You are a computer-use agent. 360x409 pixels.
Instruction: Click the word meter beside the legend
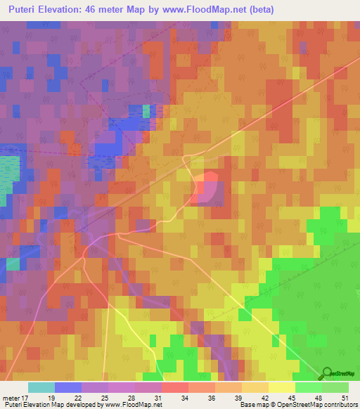click(x=11, y=397)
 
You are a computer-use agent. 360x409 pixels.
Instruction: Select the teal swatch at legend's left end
click(x=41, y=387)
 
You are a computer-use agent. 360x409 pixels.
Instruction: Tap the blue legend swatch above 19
click(x=68, y=387)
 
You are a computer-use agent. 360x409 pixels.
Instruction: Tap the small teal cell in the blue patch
click(x=146, y=111)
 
